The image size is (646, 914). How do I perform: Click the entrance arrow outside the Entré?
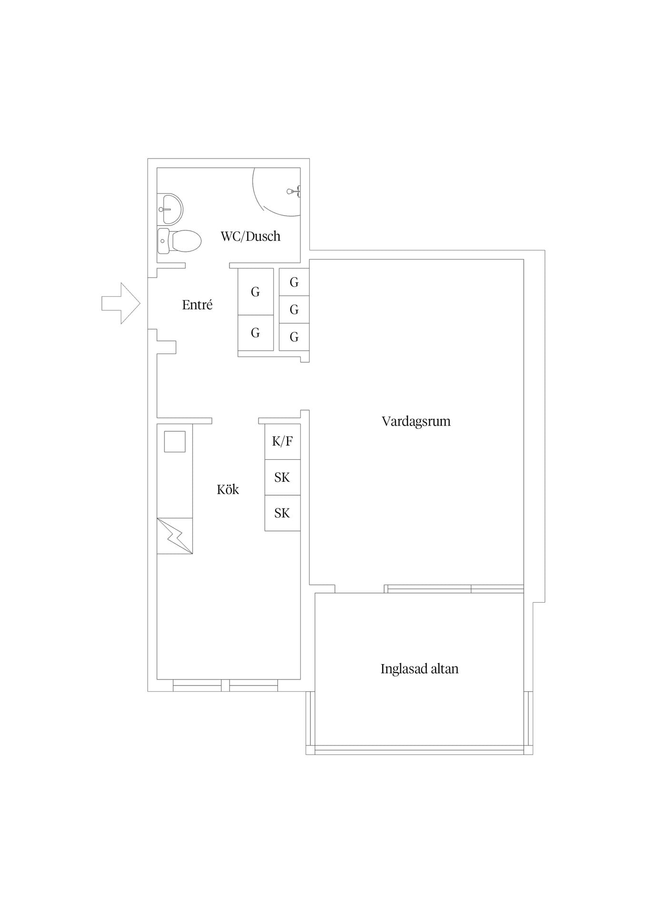pos(121,303)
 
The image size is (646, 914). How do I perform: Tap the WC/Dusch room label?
pos(250,236)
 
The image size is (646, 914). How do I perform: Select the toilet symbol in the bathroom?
pos(179,241)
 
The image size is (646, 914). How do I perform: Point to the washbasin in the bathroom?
pos(170,209)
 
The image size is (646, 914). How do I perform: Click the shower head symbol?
pos(293,191)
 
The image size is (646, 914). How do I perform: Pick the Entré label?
pos(197,305)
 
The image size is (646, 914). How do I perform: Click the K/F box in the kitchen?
pos(282,441)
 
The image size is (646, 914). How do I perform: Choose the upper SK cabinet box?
pos(282,477)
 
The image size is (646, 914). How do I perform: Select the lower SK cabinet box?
pos(282,513)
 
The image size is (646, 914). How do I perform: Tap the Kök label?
pos(228,489)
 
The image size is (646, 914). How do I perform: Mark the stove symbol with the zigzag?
pos(175,536)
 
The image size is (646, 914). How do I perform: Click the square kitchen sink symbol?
pos(175,441)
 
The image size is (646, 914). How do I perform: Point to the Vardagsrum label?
pos(416,421)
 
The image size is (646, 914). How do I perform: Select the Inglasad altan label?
pos(419,669)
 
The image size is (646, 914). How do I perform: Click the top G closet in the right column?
pos(294,282)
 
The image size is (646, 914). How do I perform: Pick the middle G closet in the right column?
pos(294,309)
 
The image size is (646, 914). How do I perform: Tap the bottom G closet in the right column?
pos(294,337)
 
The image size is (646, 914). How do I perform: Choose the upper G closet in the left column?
pos(256,291)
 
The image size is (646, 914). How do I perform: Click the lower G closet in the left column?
pos(256,333)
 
